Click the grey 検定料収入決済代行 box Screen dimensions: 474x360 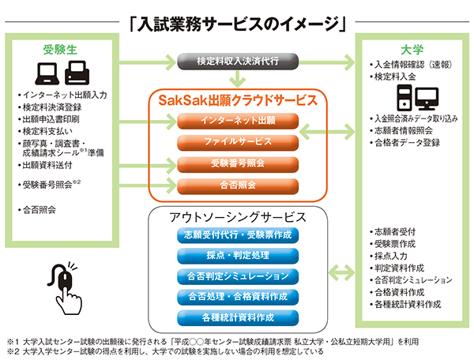click(x=238, y=62)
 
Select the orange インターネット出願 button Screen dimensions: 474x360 click(x=238, y=121)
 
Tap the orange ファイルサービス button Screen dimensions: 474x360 click(x=238, y=142)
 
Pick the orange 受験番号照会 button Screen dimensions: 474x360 click(x=238, y=163)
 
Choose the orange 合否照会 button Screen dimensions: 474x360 click(x=238, y=186)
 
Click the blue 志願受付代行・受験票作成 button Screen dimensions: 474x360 click(x=238, y=235)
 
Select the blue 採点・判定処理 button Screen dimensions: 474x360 click(x=238, y=256)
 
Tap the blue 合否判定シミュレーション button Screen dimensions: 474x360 click(x=238, y=276)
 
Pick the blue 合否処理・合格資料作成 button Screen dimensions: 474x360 click(x=238, y=297)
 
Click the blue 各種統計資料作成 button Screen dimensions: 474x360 click(x=238, y=317)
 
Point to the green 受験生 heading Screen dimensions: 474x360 click(x=60, y=50)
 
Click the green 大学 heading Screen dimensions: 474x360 click(x=412, y=50)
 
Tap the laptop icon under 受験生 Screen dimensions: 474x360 click(x=47, y=73)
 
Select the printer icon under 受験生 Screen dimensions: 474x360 click(x=77, y=73)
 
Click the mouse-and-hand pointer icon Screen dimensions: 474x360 click(x=65, y=288)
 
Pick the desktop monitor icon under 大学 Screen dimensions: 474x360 click(x=427, y=99)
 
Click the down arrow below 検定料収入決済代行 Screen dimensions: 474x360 click(x=238, y=78)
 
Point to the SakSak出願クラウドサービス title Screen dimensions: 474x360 click(x=238, y=100)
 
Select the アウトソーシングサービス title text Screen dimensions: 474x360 click(x=238, y=217)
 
